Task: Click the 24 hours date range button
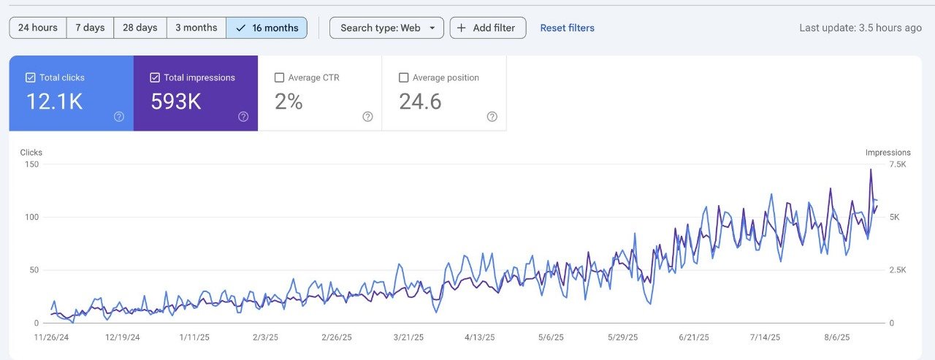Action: click(x=38, y=28)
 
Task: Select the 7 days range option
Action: click(x=90, y=28)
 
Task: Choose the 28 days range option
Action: click(x=140, y=28)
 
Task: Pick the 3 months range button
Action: click(x=196, y=28)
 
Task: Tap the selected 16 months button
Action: click(x=267, y=28)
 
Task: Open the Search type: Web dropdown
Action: click(x=386, y=28)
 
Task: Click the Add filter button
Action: click(x=487, y=28)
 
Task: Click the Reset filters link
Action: click(x=567, y=28)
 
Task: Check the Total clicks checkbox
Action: click(x=31, y=77)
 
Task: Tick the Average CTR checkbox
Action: click(x=279, y=77)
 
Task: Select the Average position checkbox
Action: click(x=403, y=77)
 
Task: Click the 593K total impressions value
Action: click(x=176, y=102)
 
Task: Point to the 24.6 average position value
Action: click(x=420, y=102)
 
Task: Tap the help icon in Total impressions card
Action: click(x=243, y=117)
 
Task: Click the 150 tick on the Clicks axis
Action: click(x=31, y=164)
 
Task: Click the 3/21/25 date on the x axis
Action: click(x=408, y=337)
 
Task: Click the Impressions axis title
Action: click(x=888, y=153)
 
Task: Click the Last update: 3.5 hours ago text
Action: click(x=860, y=28)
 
